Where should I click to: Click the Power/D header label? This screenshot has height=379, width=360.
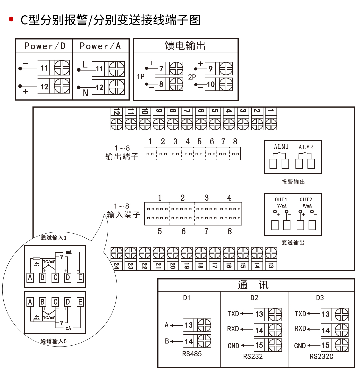[45, 46]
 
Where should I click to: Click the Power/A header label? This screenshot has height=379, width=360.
[100, 46]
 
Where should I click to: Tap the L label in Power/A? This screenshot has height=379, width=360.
[85, 64]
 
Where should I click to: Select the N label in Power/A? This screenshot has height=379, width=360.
[85, 93]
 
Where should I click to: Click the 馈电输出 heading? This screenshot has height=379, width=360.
[185, 45]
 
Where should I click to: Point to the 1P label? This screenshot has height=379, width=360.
[141, 76]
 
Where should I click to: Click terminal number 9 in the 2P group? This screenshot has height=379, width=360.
[210, 69]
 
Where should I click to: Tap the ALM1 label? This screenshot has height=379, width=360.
[281, 147]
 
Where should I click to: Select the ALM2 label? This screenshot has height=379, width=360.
[306, 147]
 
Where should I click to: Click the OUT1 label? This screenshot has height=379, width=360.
[281, 199]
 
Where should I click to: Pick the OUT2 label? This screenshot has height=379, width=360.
[306, 199]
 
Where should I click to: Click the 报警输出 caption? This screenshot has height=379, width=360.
[293, 182]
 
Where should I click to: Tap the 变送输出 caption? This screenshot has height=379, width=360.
[293, 243]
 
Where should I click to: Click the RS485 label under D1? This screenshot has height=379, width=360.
[192, 354]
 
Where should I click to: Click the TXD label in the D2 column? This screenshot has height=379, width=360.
[233, 314]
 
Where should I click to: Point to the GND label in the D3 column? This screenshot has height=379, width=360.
[300, 346]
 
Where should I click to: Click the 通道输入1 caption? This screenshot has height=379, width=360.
[54, 238]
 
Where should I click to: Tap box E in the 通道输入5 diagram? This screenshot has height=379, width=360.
[80, 302]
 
